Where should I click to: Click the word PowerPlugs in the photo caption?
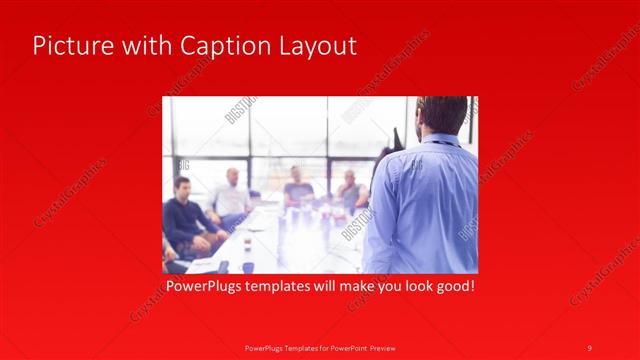(200, 286)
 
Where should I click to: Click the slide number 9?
(589, 347)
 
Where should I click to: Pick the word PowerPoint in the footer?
(344, 347)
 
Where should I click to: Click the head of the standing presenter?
(441, 115)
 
